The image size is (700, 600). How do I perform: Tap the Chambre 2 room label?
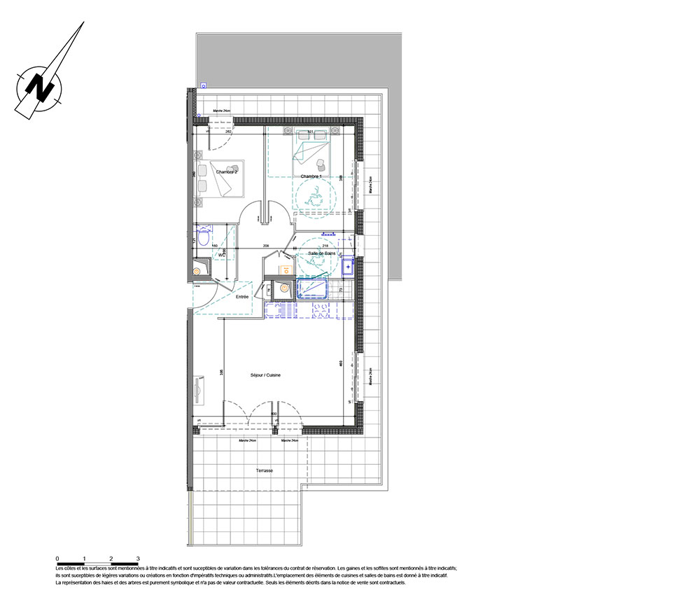click(227, 172)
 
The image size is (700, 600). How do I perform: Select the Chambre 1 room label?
click(311, 176)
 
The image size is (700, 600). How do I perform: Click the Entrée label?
click(242, 297)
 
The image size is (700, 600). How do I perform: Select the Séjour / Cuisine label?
click(265, 376)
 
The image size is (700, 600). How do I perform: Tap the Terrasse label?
click(265, 470)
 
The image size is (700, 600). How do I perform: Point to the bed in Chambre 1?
click(309, 148)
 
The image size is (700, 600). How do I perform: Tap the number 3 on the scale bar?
click(138, 558)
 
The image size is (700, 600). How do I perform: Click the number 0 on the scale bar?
click(57, 558)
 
